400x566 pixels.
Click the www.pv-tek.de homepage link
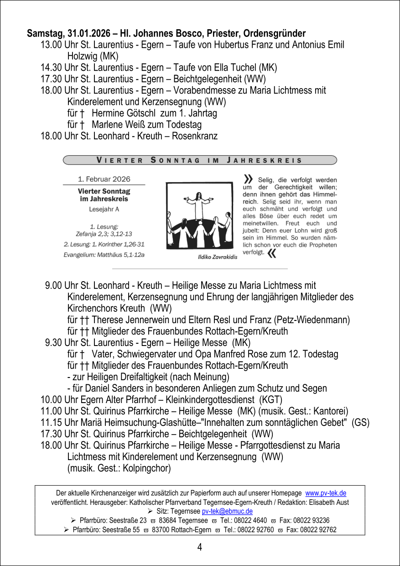coord(325,493)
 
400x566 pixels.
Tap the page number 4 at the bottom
coord(200,547)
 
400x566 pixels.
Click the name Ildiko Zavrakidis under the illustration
coord(218,257)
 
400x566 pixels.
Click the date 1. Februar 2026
coord(104,179)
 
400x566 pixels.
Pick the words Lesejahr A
coord(104,210)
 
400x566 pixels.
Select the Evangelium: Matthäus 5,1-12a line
coord(104,255)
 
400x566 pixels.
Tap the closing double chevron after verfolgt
coord(272,253)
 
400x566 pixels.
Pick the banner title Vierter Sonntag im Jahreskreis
coord(199,160)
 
